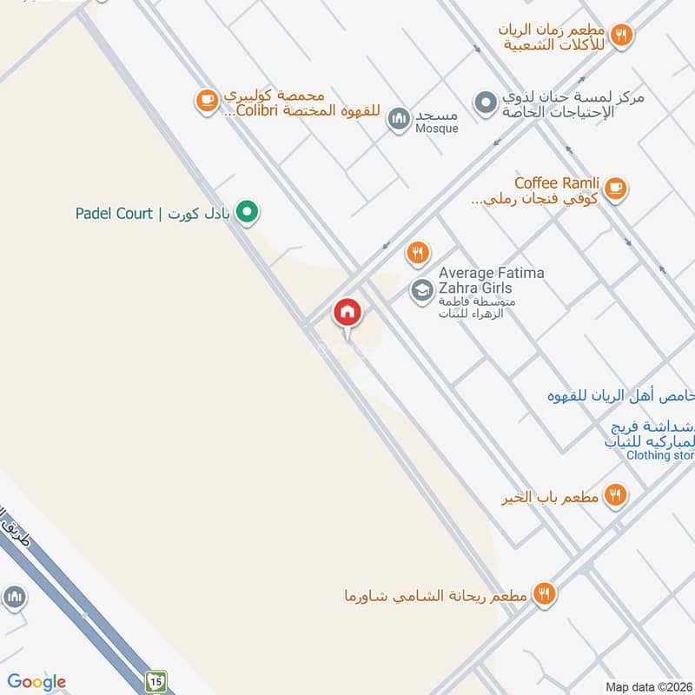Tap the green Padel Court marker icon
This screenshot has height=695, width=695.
(248, 212)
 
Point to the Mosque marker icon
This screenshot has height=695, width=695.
(399, 117)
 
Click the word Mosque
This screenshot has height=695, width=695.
(436, 129)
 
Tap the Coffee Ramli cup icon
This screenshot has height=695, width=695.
(615, 188)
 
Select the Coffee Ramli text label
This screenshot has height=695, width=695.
(557, 183)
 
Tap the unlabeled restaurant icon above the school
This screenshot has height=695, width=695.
(418, 253)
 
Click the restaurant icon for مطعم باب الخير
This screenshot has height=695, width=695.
(615, 496)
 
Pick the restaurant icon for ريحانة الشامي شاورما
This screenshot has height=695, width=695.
(545, 594)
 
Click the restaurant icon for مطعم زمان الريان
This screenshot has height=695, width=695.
(620, 35)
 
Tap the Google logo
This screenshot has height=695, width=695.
(36, 682)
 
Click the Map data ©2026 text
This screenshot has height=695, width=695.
(647, 686)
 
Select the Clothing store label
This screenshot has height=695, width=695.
(661, 455)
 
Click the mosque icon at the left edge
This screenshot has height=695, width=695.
(13, 597)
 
